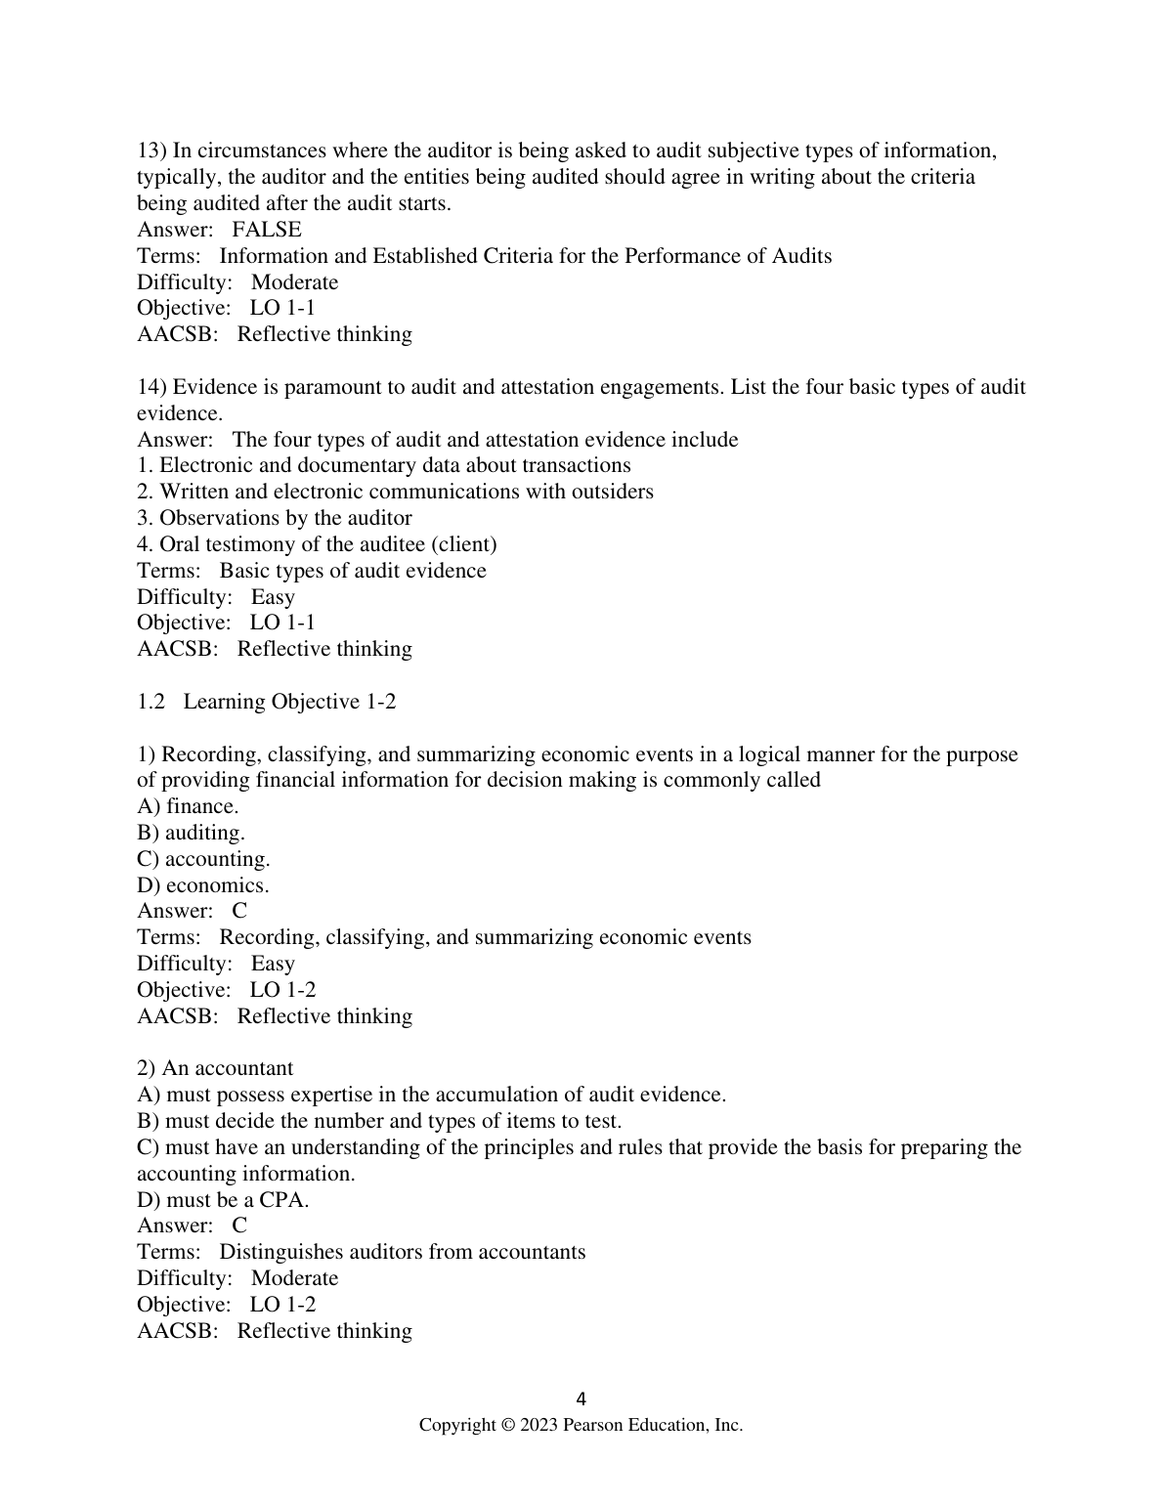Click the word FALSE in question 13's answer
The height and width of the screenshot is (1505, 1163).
coord(267,230)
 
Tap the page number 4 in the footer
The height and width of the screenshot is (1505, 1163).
coord(581,1398)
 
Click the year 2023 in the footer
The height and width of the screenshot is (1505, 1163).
coord(539,1425)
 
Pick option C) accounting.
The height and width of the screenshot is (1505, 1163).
coord(203,859)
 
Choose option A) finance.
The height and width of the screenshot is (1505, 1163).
coord(188,806)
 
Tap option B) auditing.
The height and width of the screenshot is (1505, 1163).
coord(191,833)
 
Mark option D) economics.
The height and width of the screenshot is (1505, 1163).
coord(203,885)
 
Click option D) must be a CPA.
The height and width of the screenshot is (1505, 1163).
coord(223,1200)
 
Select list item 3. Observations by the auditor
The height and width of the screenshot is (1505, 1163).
coord(275,518)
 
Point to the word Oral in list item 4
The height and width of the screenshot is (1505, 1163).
coord(181,544)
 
